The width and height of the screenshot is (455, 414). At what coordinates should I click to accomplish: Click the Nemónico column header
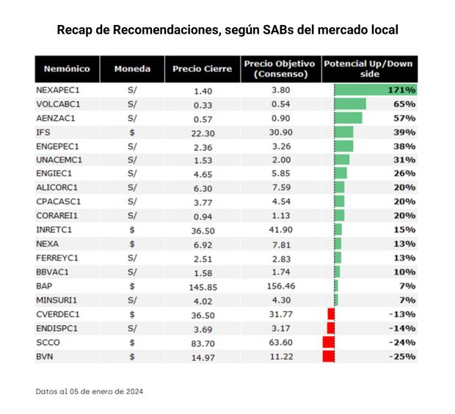67,69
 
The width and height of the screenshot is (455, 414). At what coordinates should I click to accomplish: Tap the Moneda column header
132,69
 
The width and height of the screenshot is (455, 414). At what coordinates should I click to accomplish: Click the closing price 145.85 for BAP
203,286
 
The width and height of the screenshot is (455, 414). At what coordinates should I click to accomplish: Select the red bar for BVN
329,356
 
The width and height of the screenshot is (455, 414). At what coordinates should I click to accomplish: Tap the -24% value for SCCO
403,342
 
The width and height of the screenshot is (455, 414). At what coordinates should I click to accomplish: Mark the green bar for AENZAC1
348,117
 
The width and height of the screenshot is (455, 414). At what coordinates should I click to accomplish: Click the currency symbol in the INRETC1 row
132,230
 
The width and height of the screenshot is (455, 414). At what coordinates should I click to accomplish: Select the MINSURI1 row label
57,300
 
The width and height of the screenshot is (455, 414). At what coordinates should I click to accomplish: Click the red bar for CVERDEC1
331,314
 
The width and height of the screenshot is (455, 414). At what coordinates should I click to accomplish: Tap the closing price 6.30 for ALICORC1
203,188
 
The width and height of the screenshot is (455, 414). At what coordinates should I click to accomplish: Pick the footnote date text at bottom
90,391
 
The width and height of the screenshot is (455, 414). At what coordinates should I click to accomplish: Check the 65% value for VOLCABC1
404,103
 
